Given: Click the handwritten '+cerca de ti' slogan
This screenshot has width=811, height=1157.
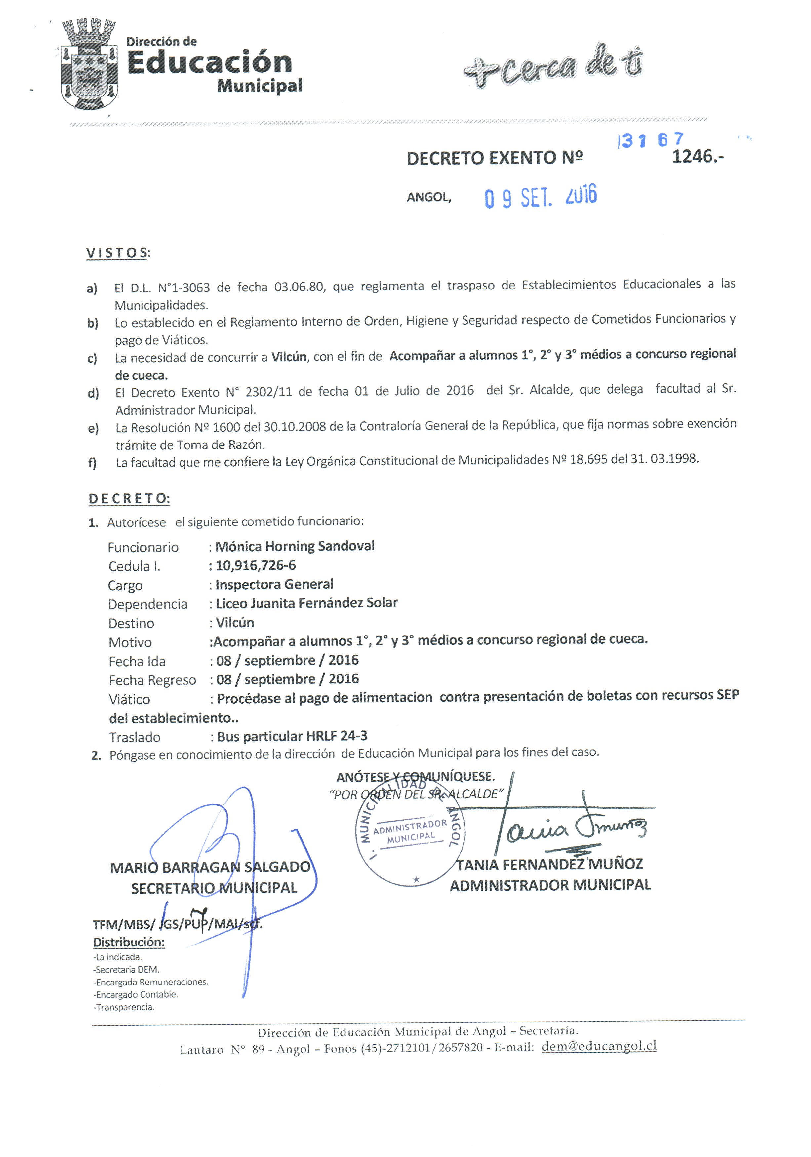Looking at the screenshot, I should pyautogui.click(x=553, y=65).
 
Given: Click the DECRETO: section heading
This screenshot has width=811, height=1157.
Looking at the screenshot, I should pyautogui.click(x=129, y=499).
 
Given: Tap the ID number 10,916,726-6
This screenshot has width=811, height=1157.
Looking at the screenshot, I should pyautogui.click(x=256, y=565).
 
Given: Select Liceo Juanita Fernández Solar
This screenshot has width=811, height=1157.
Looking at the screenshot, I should pyautogui.click(x=306, y=603).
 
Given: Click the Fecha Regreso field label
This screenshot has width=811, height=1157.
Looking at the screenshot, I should pyautogui.click(x=152, y=680).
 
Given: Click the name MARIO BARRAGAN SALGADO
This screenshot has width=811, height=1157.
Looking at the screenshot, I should pyautogui.click(x=210, y=867).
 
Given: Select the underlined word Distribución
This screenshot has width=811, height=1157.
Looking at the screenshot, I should pyautogui.click(x=129, y=942).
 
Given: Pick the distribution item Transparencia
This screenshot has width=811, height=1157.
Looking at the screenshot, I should pyautogui.click(x=125, y=1007).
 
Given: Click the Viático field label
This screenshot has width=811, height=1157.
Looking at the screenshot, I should pyautogui.click(x=130, y=699).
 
